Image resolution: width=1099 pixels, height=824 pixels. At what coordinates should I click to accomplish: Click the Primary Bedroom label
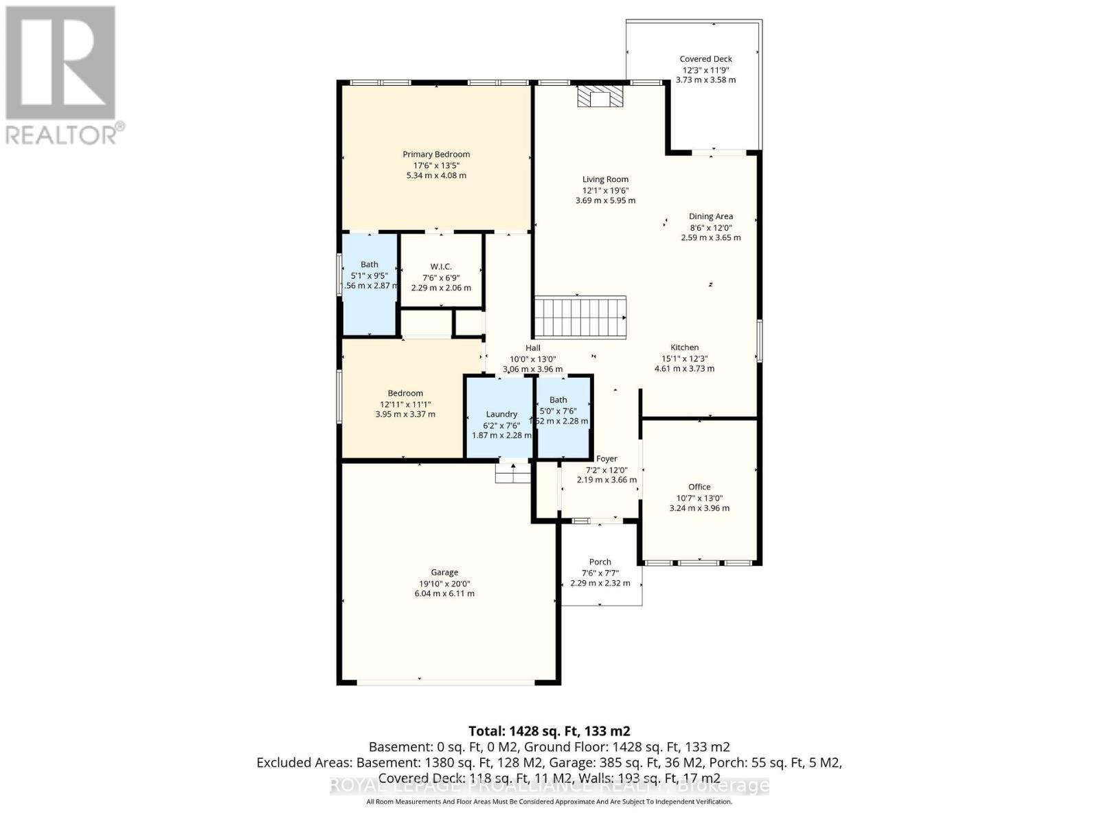pos(436,154)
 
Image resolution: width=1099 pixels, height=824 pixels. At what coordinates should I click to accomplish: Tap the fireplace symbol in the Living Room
pos(600,97)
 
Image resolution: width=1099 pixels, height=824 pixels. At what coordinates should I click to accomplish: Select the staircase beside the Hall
pos(580,317)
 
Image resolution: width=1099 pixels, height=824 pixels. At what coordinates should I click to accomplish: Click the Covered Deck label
pos(705,59)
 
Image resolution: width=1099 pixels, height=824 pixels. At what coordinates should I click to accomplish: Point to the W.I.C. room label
pos(441,266)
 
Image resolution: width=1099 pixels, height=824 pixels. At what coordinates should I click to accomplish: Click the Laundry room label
pos(501,414)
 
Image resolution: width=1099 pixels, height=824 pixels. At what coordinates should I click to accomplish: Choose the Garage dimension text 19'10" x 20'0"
pos(444,584)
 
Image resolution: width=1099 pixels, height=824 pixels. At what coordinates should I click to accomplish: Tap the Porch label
pos(600,562)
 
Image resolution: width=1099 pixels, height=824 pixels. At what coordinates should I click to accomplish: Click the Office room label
pos(699,487)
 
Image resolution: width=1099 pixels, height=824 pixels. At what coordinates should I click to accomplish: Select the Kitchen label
pos(684,347)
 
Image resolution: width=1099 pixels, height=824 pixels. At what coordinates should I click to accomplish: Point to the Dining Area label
pos(711,216)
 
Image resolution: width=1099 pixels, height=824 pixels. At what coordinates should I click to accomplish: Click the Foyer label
pos(606,459)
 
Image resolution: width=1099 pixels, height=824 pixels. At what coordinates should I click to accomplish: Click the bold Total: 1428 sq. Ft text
pos(549,731)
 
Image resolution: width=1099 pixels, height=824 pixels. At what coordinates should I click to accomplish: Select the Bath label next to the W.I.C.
pos(370,264)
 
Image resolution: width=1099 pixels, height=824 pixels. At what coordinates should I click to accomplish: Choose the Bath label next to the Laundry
pos(558,400)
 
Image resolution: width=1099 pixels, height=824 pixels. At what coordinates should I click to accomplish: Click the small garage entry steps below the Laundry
pos(513,473)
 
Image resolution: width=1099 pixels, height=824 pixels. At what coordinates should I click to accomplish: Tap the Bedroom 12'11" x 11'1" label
pos(405,393)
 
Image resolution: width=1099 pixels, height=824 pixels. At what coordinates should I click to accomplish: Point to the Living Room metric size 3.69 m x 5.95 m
pos(605,201)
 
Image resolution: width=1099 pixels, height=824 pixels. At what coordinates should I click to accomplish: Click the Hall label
pos(532,348)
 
